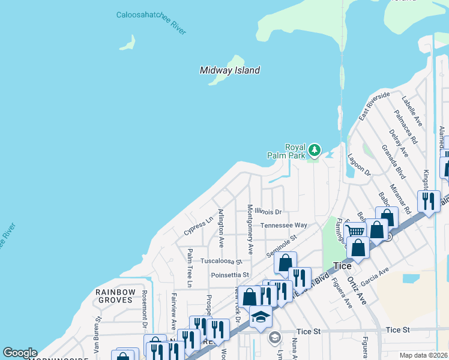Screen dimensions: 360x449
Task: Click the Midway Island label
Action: point(230,70)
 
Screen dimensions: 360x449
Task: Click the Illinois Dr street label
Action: point(268,212)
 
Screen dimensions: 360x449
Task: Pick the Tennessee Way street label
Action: point(283,225)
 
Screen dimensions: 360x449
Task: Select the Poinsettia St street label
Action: point(230,275)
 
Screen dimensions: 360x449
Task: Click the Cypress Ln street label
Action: point(199,227)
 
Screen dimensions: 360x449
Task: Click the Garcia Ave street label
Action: point(375,277)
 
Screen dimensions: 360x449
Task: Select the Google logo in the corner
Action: point(20,353)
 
